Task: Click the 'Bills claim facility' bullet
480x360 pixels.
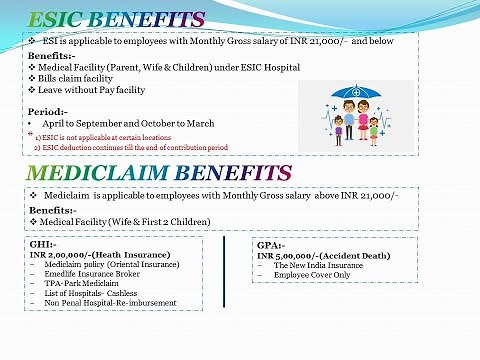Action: pos(78,78)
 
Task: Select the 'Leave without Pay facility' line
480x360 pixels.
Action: pos(91,90)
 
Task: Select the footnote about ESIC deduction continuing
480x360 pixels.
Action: pos(130,147)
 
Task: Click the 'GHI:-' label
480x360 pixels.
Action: pos(43,245)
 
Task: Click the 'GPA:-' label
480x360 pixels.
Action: pos(271,245)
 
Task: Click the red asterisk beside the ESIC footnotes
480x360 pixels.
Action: pos(30,134)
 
